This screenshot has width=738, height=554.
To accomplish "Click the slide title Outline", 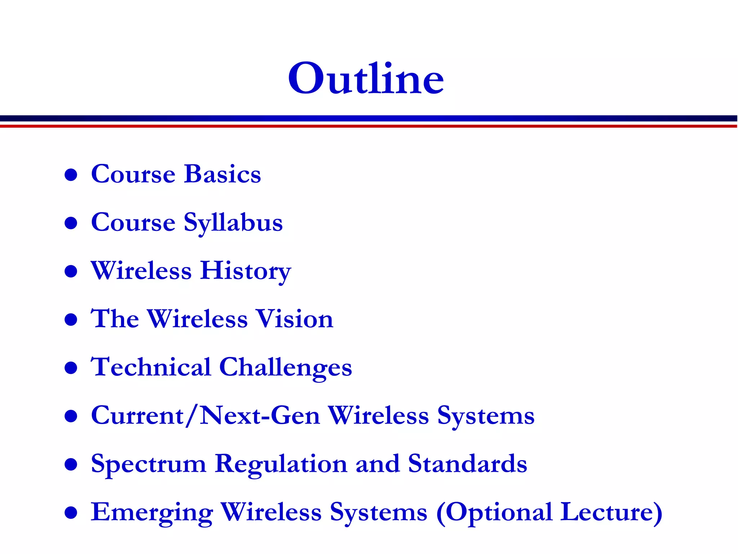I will [366, 78].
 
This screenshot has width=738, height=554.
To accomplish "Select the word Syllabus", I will [233, 223].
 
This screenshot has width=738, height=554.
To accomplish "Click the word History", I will [245, 271].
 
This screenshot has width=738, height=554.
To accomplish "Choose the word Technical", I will [151, 367].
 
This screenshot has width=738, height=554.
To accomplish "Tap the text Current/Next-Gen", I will [205, 415].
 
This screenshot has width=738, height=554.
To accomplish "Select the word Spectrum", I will [148, 464].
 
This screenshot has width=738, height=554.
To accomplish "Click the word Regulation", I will [281, 464].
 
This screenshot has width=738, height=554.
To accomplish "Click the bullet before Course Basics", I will [71, 175].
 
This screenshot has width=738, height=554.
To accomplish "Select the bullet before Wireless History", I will [71, 271].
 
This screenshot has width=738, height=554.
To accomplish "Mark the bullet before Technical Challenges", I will [71, 368].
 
